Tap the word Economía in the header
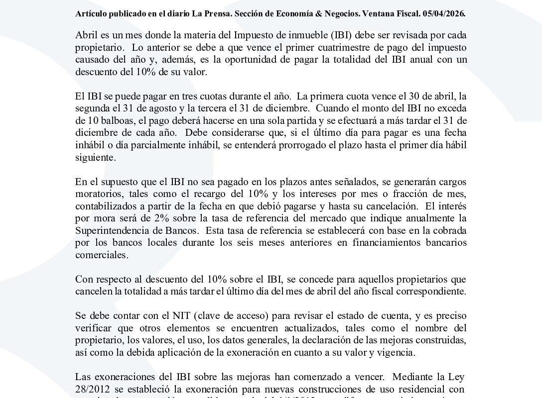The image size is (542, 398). pyautogui.click(x=289, y=14)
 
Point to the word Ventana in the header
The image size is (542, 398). pyautogui.click(x=368, y=14)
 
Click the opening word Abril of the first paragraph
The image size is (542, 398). pyautogui.click(x=86, y=36)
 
